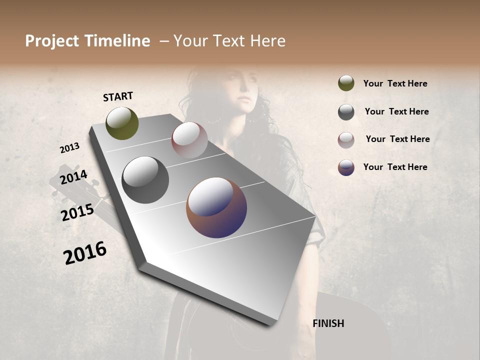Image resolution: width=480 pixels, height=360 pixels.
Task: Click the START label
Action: coord(118,96)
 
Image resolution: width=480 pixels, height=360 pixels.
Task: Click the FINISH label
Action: coord(328,323)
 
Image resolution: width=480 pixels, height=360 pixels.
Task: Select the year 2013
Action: coord(70,147)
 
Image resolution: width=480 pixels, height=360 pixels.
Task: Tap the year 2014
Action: coord(73,177)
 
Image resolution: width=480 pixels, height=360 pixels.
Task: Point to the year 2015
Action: coord(77,212)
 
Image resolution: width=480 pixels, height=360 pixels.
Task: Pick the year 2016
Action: coord(85,252)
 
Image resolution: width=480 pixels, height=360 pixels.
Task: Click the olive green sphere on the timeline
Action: coord(122,123)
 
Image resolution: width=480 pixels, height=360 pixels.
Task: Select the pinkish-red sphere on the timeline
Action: coord(189,139)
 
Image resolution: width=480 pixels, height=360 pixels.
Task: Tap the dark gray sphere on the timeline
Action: coord(145,179)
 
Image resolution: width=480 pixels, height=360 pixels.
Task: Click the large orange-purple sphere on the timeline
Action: coord(216,207)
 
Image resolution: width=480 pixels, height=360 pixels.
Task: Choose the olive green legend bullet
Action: coord(346,83)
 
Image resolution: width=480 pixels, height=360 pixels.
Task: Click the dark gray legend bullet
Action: coord(346,112)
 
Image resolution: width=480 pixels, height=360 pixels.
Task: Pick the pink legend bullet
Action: coord(346,139)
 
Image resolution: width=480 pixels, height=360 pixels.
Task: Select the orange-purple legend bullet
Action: coord(346,167)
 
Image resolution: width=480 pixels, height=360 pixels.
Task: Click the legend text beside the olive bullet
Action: coord(395,83)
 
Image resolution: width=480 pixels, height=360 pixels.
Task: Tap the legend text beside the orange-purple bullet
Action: coord(395,167)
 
